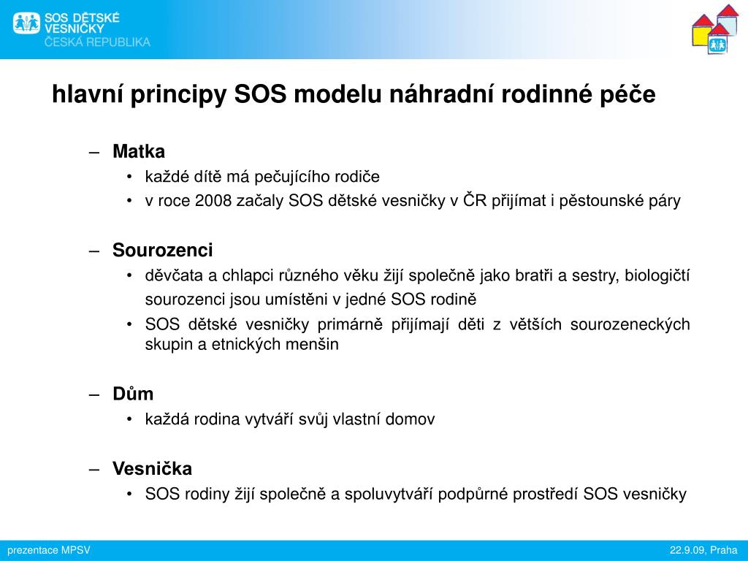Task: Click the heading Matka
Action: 139,152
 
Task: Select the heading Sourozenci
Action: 162,251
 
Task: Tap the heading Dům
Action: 133,394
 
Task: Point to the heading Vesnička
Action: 152,469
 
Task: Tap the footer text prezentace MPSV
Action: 49,550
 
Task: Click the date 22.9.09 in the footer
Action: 686,550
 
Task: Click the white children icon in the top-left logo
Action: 26,23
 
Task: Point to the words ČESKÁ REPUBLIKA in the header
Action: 97,42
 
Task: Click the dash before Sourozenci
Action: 93,251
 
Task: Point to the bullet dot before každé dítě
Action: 129,177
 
